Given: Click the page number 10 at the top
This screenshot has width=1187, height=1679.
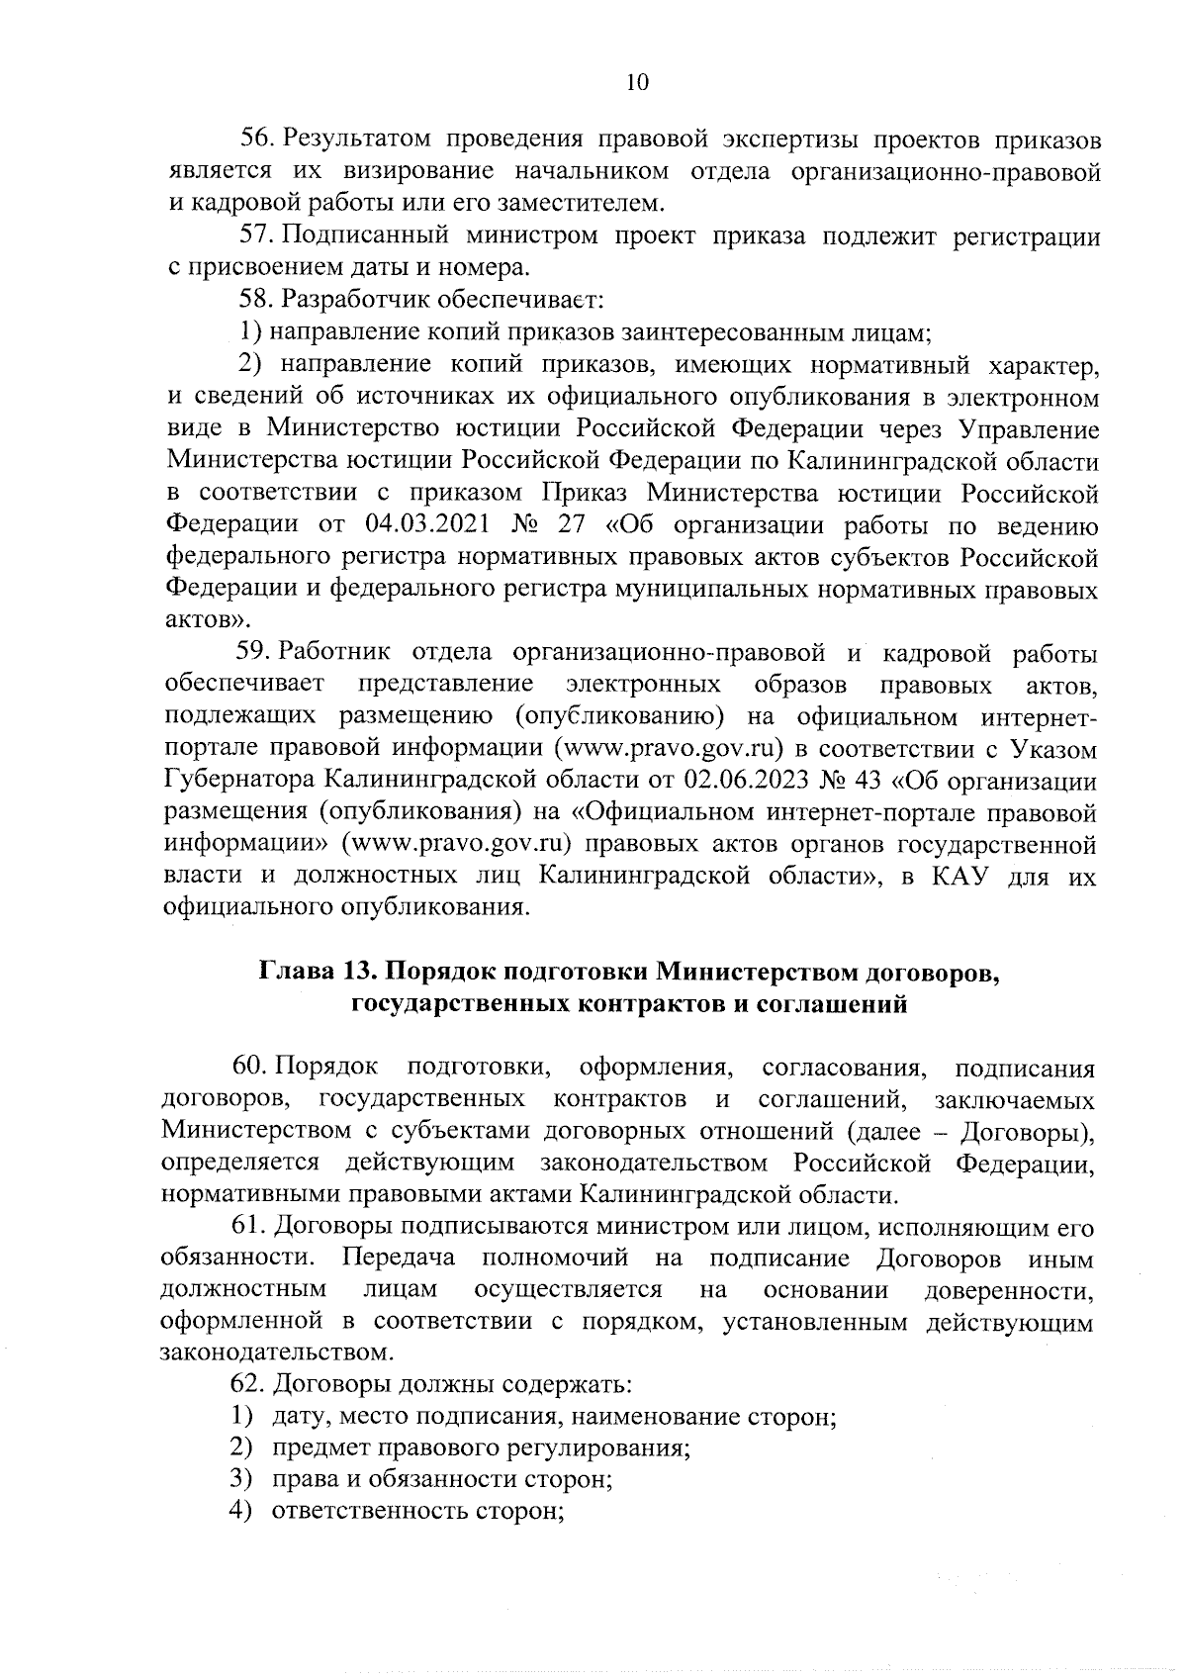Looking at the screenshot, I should point(637,82).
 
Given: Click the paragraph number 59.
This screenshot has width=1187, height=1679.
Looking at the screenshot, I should point(253,652).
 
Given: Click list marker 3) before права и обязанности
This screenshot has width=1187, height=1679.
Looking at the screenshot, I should point(237,1479).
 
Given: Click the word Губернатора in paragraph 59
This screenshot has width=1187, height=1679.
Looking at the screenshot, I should point(236,781).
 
